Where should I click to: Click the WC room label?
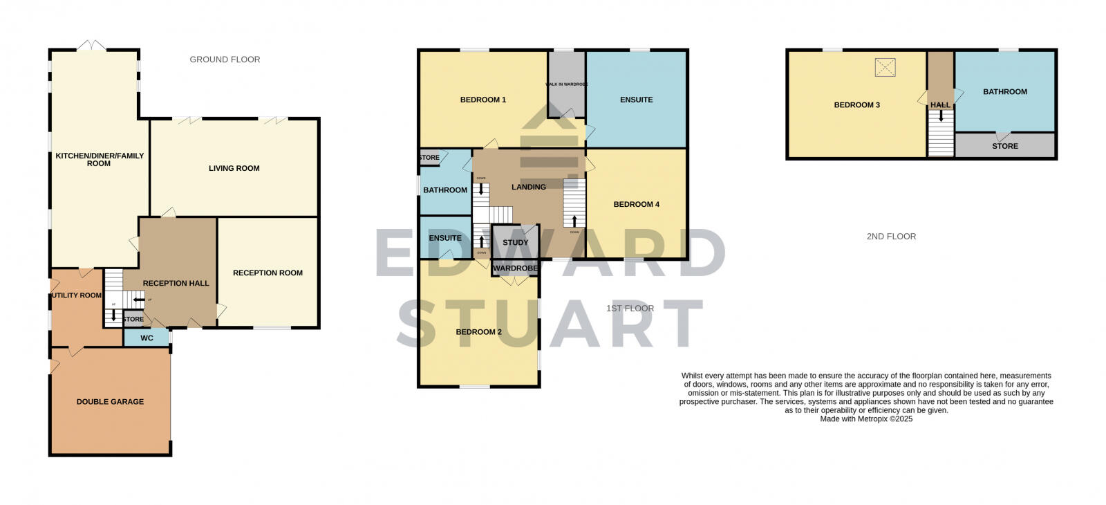pos(147,338)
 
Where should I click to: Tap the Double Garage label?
pos(110,401)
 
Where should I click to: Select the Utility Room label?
pos(76,295)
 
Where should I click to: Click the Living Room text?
pos(234,168)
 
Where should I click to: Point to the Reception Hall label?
pos(176,283)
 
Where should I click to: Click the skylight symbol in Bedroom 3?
pos(885,67)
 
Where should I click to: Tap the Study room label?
pos(515,242)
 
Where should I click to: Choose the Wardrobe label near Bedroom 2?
pos(516,268)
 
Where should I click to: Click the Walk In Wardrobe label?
pos(567,84)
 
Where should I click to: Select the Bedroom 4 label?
pos(637,204)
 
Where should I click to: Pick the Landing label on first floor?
pos(529,187)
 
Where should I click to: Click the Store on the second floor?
pos(1005,146)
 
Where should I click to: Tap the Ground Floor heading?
pos(225,59)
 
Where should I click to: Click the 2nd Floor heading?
pos(891,237)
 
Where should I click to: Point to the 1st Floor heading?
pos(630,309)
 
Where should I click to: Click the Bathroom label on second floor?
pos(1005,91)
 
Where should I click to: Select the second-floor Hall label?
pos(940,105)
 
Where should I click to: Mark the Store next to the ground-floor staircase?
pos(133,320)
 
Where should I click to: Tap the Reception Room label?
pos(268,273)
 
